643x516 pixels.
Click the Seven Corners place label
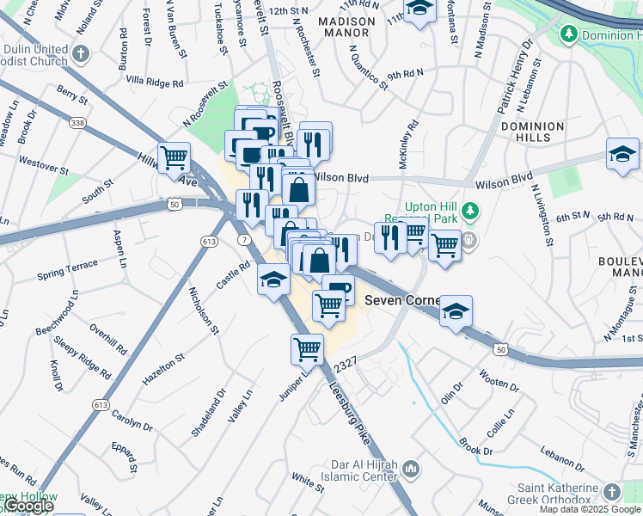[402, 301]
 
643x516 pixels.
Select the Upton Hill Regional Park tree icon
[468, 210]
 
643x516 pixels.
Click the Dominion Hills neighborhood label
[533, 132]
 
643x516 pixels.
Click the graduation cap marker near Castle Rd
[273, 279]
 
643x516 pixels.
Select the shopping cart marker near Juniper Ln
[307, 349]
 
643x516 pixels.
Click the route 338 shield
[78, 124]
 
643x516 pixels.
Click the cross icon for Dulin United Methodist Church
[81, 54]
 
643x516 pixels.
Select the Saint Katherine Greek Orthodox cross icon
[611, 492]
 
